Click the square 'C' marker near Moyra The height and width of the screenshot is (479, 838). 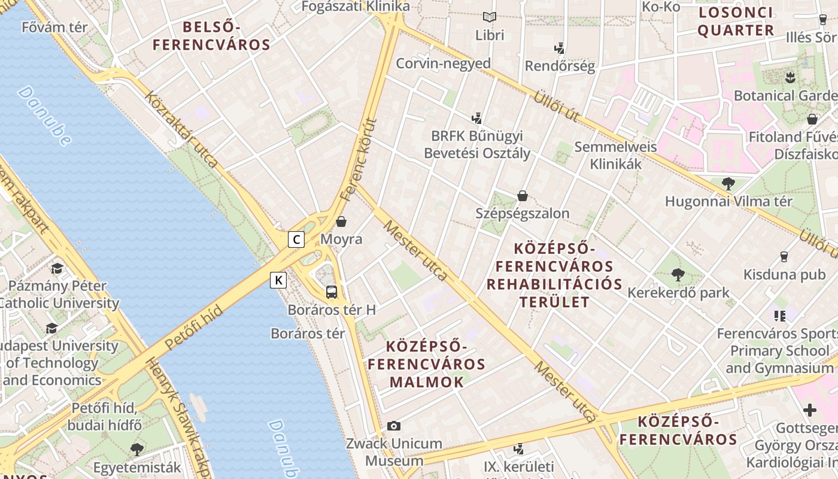point(296,239)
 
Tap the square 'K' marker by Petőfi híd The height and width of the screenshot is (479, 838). point(278,280)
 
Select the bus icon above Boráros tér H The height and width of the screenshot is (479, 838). point(332,292)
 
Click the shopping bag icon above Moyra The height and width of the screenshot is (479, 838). point(341,222)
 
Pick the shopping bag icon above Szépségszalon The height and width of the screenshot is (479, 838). point(523,195)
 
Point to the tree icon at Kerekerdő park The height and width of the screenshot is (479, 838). point(678,275)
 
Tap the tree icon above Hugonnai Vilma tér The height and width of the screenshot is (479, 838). point(728,183)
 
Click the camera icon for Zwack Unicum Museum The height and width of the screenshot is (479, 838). point(393,426)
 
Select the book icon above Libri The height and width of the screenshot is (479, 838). point(490,17)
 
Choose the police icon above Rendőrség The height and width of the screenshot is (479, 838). point(560,48)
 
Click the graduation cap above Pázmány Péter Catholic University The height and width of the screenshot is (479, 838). point(57,268)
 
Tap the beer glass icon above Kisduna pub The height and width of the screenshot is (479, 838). point(784,257)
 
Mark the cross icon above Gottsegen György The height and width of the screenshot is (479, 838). point(810,410)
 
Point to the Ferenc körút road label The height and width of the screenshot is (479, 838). point(359,159)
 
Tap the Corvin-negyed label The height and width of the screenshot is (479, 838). point(443,63)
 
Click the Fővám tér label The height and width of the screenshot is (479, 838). point(54,27)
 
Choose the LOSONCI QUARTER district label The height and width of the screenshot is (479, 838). point(736,21)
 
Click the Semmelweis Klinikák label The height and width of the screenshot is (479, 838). point(615,155)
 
